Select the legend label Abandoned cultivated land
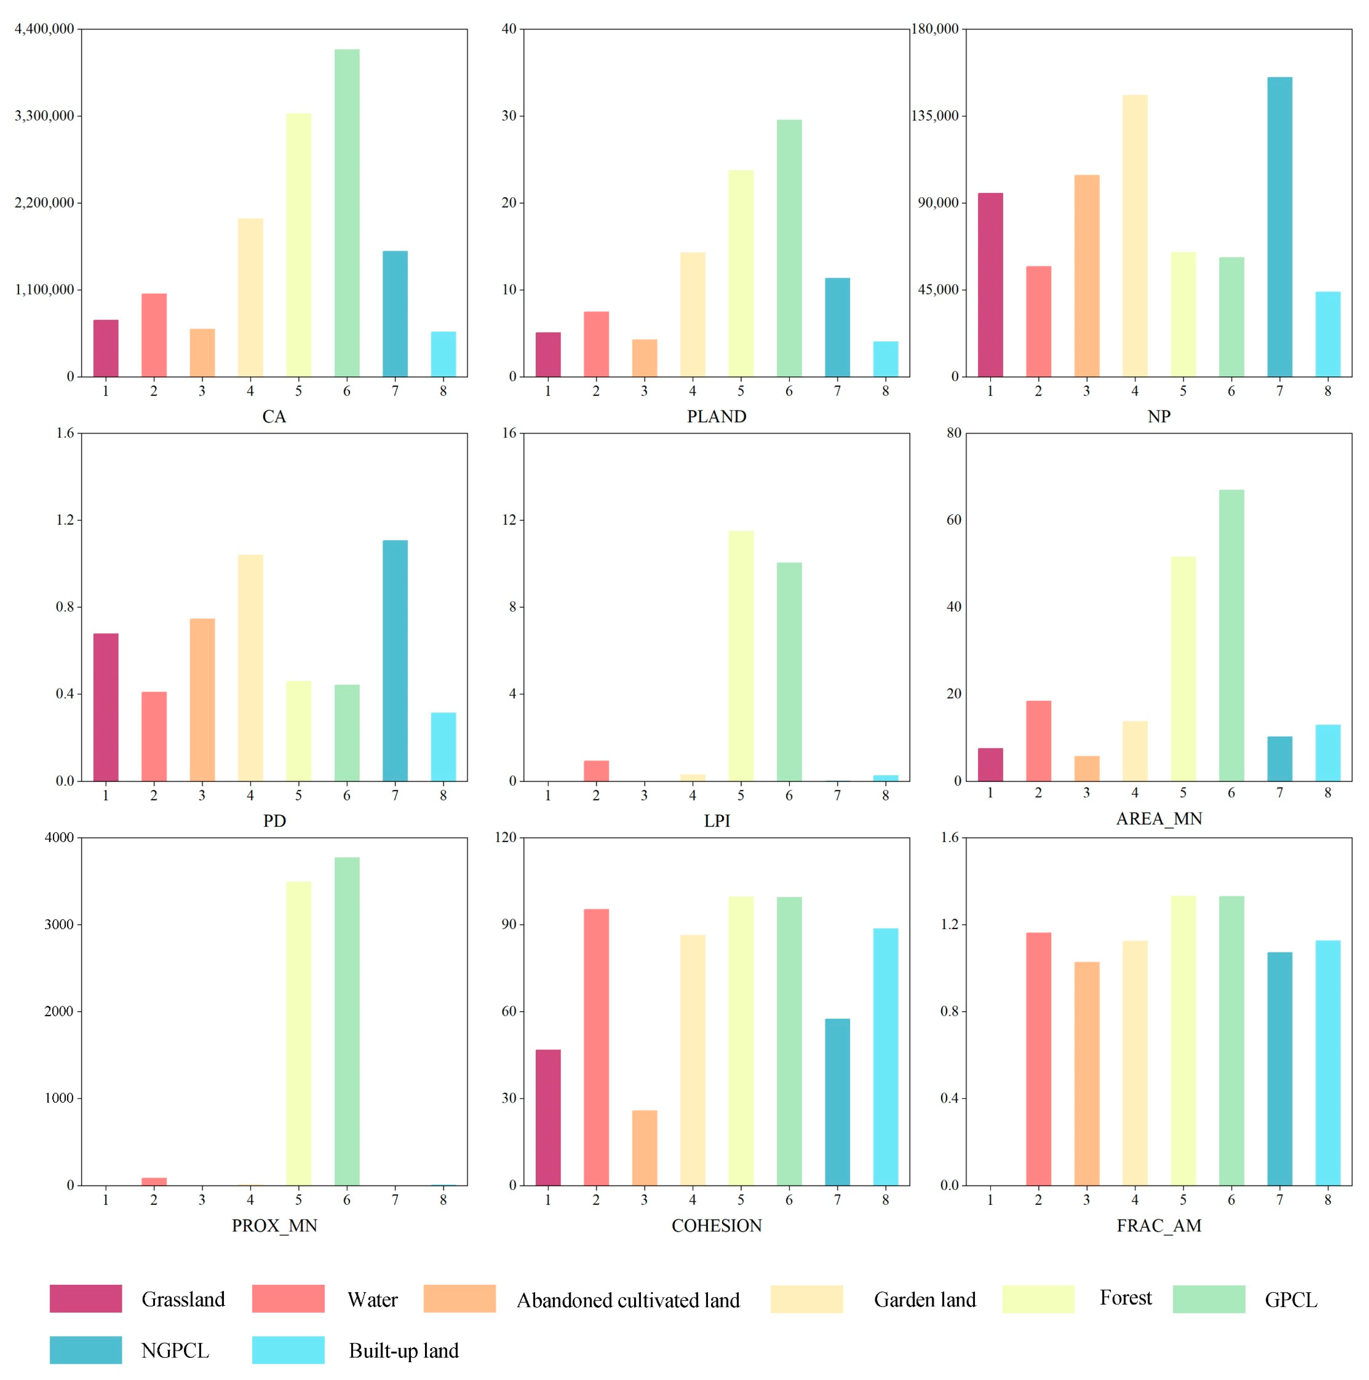(x=627, y=1300)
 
